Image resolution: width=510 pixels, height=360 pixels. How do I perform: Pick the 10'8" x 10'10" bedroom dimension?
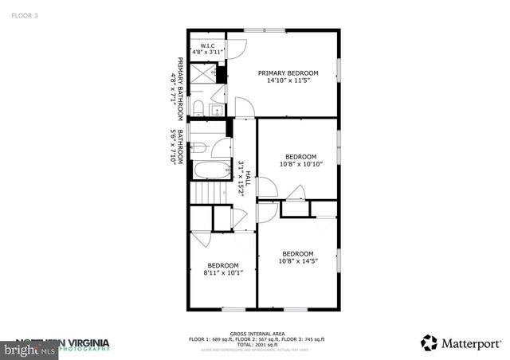[300, 163]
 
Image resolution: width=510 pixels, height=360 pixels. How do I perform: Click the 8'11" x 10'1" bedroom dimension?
[223, 272]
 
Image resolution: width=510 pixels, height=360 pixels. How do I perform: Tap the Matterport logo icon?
[430, 343]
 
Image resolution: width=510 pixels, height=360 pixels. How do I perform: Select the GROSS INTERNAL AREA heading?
[256, 334]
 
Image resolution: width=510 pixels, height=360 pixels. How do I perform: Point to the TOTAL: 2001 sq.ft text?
[256, 345]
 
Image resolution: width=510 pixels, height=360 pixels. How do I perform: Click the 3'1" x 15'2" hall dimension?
[240, 176]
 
